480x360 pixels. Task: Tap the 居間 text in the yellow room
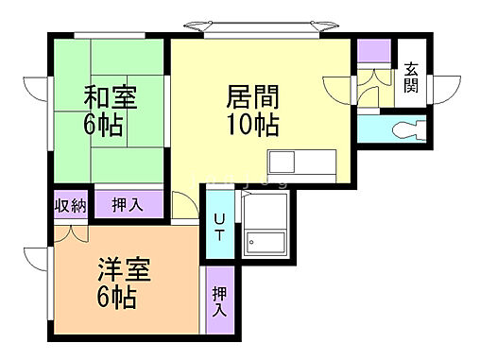coord(251,96)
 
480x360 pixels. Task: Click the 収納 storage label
coord(70,205)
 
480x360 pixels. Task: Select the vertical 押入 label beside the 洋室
coord(219,300)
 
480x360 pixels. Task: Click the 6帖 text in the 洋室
coord(119,300)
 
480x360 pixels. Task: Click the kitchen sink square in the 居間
coord(282,161)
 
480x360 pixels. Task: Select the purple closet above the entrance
coord(372,50)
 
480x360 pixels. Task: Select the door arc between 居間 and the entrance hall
coord(340,90)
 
